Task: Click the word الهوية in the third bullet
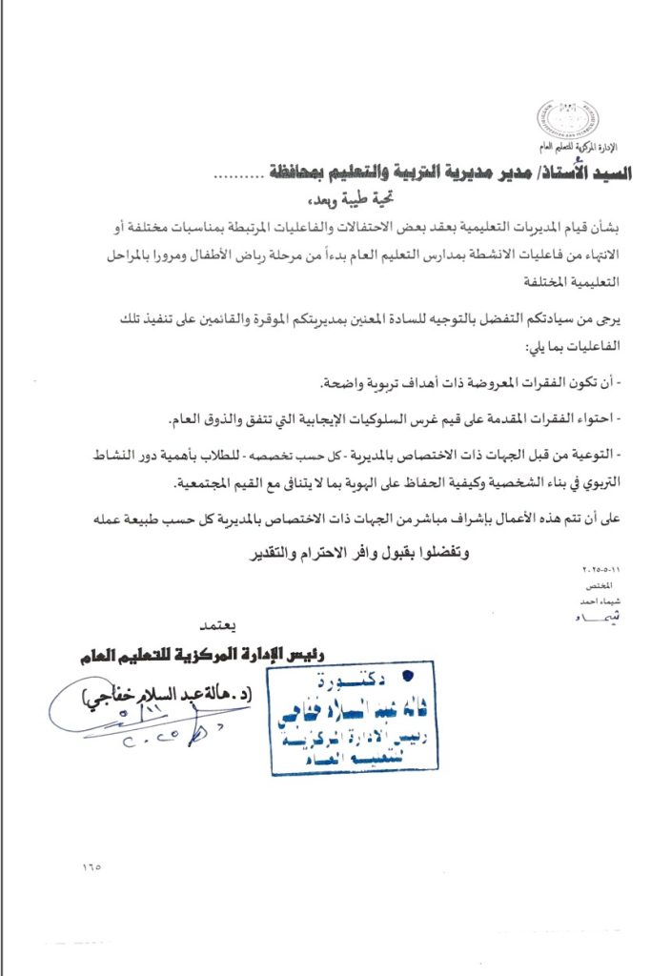click(x=316, y=483)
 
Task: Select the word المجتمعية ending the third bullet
click(x=211, y=483)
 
